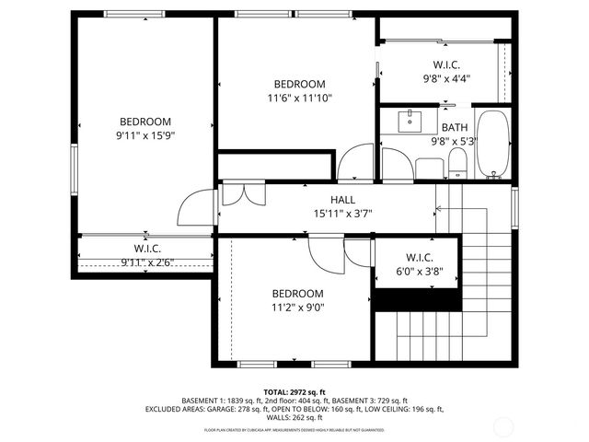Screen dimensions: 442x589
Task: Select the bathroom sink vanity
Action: (x=410, y=120)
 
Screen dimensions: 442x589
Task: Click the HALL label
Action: (x=342, y=200)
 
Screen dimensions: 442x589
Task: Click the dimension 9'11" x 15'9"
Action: (x=144, y=134)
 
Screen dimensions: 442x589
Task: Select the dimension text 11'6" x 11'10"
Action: (x=299, y=97)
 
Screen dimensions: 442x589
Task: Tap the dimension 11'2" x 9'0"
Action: (x=297, y=308)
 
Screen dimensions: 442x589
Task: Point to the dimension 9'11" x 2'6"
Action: (x=147, y=262)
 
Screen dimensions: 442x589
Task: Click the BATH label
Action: (x=454, y=128)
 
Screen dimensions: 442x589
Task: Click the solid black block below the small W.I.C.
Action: (x=415, y=299)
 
